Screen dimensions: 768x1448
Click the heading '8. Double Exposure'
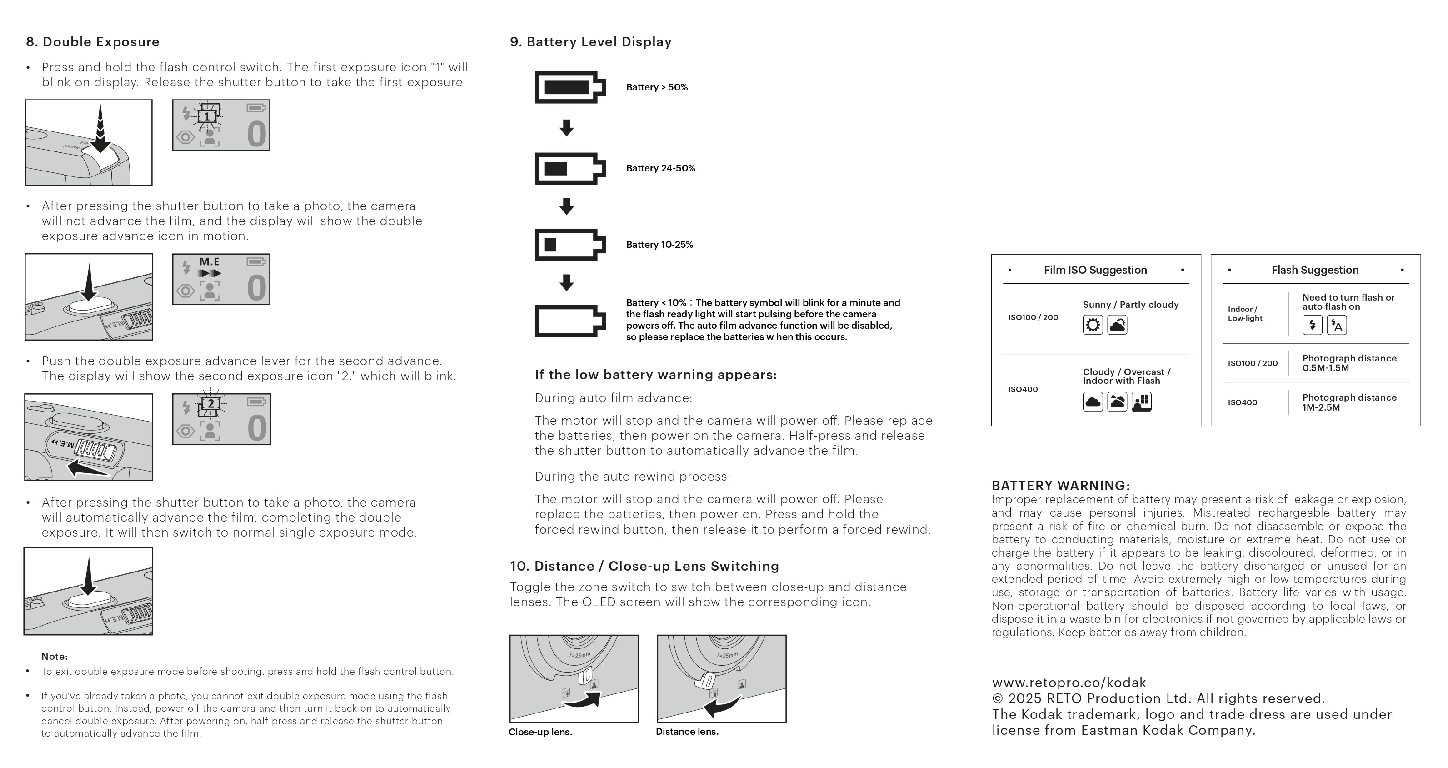pos(93,42)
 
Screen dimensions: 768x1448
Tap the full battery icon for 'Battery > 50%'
pos(569,87)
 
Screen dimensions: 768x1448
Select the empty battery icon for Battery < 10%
pos(569,321)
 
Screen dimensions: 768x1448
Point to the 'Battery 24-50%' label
pos(660,168)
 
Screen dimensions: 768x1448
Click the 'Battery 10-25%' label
pos(659,245)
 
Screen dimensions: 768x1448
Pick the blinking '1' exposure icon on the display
pos(207,116)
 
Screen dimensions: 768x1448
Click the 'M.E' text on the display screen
pos(209,261)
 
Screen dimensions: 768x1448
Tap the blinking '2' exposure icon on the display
pos(211,404)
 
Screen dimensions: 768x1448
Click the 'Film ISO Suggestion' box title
pos(1095,270)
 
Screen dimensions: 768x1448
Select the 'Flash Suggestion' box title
pos(1315,270)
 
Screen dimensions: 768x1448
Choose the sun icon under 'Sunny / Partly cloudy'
pos(1093,325)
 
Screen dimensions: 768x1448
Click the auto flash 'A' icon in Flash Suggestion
pos(1337,325)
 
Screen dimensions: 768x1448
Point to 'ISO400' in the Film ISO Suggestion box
pos(1023,389)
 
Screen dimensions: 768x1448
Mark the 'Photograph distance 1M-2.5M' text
pos(1349,402)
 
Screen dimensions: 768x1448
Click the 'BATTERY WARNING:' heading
pos(1060,486)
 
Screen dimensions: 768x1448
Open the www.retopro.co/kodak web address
pos(1069,683)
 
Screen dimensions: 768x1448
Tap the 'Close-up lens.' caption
pos(540,732)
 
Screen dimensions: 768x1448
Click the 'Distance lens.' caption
pos(687,732)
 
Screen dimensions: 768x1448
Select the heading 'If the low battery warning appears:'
pos(655,375)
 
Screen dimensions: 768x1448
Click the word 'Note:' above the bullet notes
pos(55,657)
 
